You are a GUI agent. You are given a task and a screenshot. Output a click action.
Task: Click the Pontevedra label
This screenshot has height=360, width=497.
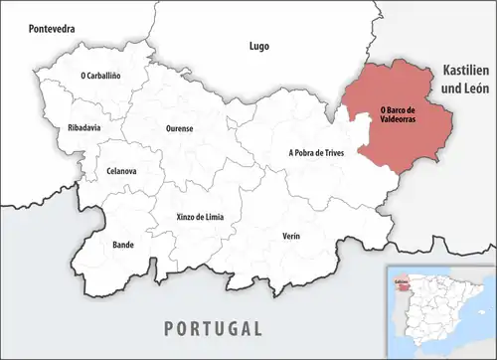(53, 29)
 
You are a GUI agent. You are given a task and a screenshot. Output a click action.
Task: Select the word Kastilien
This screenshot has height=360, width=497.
(467, 71)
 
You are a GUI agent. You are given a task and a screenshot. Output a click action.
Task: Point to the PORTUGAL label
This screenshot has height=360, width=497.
(214, 328)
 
